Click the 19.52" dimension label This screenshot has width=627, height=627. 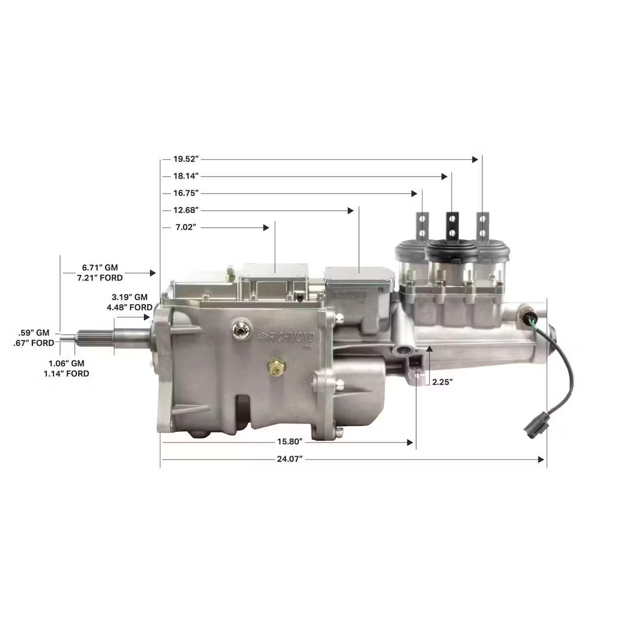click(186, 159)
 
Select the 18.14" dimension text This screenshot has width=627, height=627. click(186, 176)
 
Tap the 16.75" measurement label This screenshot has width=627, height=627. click(186, 193)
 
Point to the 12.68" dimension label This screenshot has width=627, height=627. click(186, 210)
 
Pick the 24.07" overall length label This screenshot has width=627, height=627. click(290, 459)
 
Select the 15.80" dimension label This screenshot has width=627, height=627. click(290, 442)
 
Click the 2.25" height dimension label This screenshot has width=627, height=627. click(442, 382)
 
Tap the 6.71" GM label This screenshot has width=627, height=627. click(100, 267)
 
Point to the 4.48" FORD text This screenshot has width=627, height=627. click(129, 307)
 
